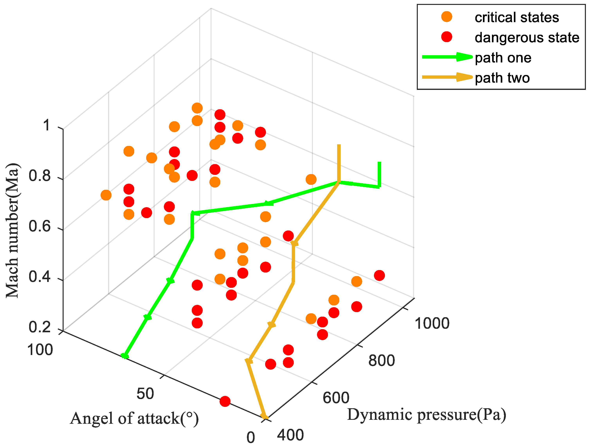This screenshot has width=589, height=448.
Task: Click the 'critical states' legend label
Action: pyautogui.click(x=517, y=17)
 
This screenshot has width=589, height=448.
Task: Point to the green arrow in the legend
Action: pyautogui.click(x=447, y=57)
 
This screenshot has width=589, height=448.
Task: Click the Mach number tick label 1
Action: pyautogui.click(x=46, y=125)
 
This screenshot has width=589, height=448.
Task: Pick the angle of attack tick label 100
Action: pyautogui.click(x=40, y=350)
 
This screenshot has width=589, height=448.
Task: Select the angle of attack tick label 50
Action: pyautogui.click(x=145, y=394)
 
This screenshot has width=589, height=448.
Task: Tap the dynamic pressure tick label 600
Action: pyautogui.click(x=336, y=398)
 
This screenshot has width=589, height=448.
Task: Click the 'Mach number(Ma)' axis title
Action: pyautogui.click(x=13, y=230)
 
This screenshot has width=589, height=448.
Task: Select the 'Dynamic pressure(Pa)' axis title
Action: pyautogui.click(x=426, y=415)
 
